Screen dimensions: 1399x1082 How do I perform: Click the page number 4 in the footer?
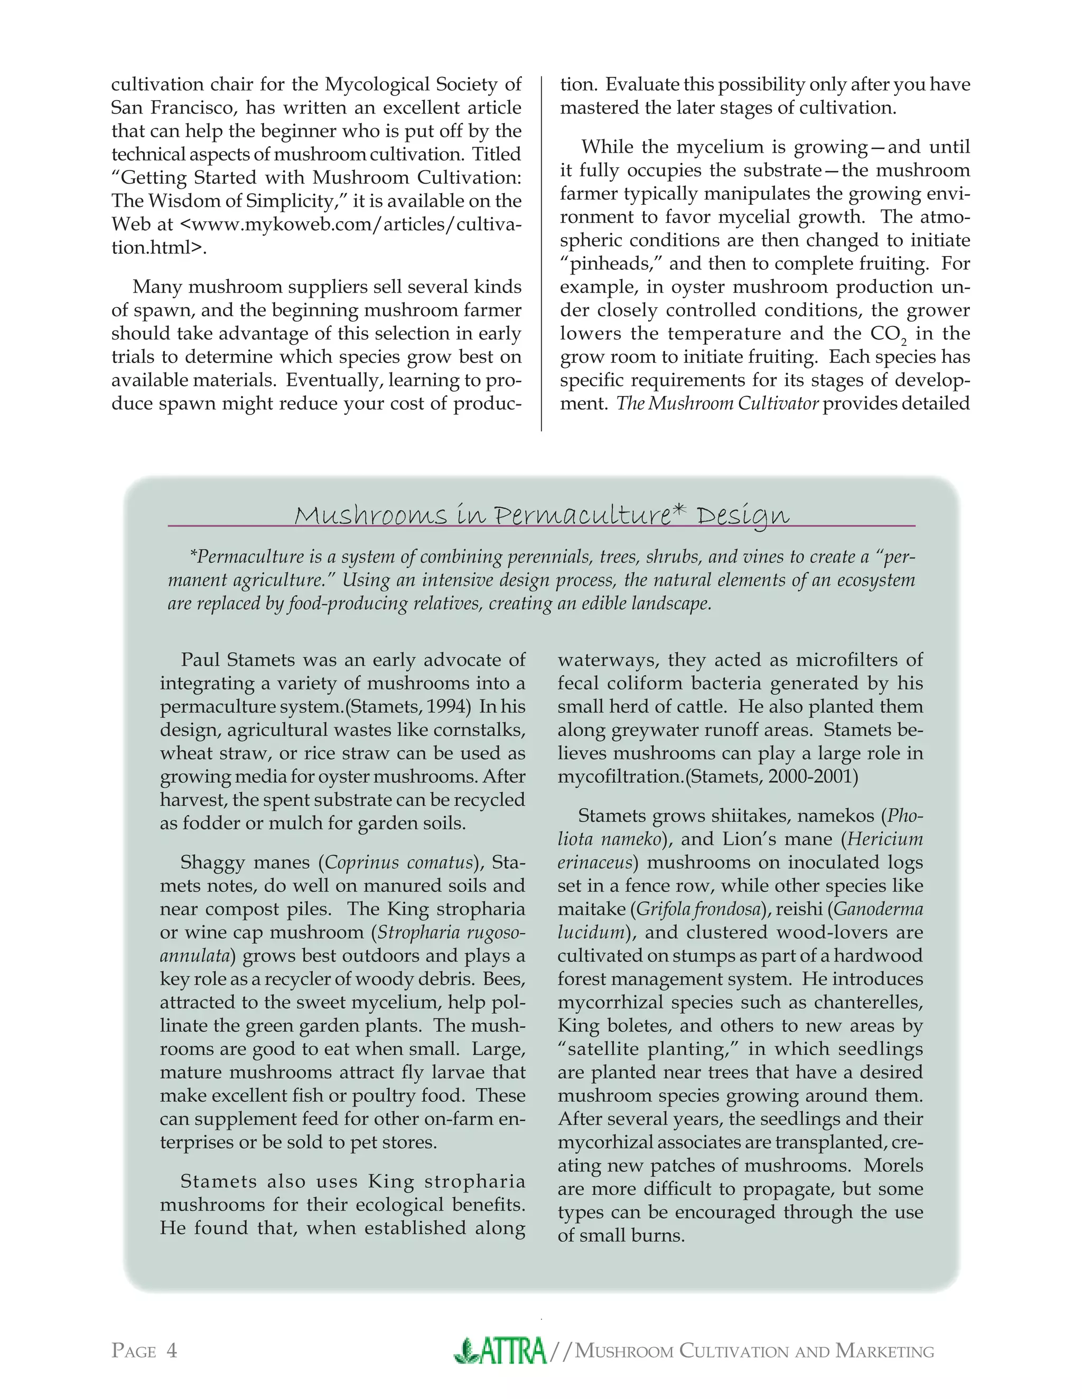pos(171,1351)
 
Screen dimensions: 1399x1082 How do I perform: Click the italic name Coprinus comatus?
pos(399,862)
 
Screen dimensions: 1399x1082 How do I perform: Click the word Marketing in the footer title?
pos(884,1351)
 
